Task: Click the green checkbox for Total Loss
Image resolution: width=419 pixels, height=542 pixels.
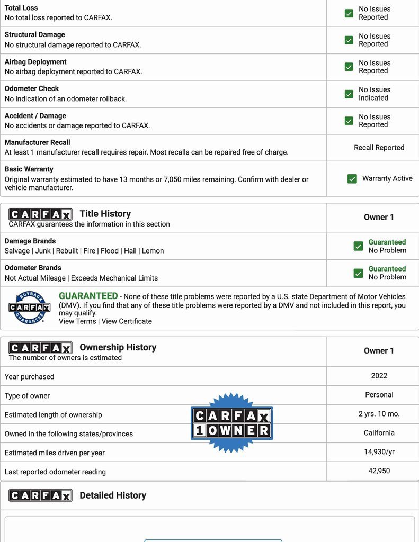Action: (349, 13)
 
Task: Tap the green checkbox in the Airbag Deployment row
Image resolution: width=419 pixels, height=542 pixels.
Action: (349, 67)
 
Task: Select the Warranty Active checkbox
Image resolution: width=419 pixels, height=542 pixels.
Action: (352, 179)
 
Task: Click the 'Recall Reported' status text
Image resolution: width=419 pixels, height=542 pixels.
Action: (379, 148)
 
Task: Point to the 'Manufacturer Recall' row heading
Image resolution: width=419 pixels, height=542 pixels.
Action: (38, 142)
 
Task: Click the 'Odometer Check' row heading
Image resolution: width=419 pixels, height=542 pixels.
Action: (32, 88)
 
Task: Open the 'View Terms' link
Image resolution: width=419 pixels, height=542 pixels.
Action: (77, 321)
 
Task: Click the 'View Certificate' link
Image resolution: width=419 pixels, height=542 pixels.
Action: (127, 321)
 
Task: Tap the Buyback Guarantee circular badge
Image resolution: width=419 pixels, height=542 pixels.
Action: (30, 308)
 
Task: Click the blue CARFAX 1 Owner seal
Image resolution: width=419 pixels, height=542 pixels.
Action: (231, 423)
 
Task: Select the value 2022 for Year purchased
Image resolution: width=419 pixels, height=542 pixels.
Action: (379, 376)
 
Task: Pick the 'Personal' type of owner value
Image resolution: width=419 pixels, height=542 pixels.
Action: (379, 395)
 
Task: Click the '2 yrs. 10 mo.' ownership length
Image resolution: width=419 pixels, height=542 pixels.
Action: (379, 414)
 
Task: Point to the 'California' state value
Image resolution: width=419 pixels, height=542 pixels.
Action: (379, 433)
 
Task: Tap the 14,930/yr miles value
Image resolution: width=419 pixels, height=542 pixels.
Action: (379, 452)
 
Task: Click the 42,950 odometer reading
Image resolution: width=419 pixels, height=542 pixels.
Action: (379, 471)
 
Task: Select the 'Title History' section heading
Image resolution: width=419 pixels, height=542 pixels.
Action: (105, 214)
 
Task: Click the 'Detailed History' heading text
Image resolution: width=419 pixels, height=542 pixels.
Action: (113, 495)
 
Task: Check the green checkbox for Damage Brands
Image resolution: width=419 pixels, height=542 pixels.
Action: (358, 246)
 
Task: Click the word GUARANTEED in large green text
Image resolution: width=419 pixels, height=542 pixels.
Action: (88, 296)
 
